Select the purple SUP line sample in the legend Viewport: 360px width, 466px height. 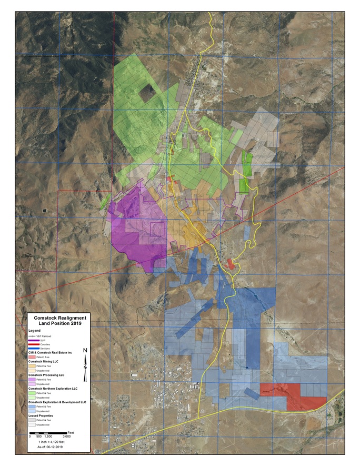[34, 341]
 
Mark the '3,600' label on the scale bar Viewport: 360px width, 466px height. [66, 437]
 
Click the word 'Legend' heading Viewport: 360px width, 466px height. [35, 331]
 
